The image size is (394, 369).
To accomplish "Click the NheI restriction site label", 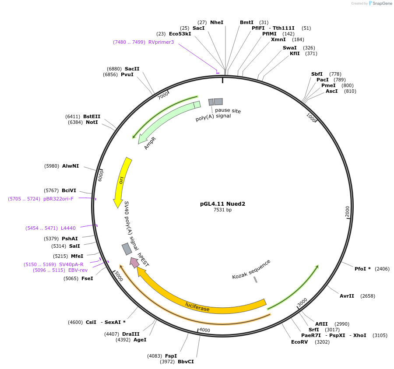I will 217,22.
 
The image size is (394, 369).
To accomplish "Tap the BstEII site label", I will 92,116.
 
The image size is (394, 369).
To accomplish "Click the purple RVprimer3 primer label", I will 161,42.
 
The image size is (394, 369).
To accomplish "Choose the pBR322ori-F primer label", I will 58,199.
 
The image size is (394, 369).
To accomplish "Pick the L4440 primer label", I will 68,228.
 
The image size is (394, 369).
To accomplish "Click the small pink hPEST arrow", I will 134,263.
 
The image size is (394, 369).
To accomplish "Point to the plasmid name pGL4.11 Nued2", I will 222,204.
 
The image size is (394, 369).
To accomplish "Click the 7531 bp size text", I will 222,210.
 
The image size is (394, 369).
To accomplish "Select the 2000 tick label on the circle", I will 347,212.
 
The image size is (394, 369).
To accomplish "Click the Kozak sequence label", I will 251,269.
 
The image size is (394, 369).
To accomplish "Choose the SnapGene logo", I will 379,4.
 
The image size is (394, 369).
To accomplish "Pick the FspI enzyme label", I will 171,356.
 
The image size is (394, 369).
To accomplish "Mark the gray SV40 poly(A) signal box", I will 127,249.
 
